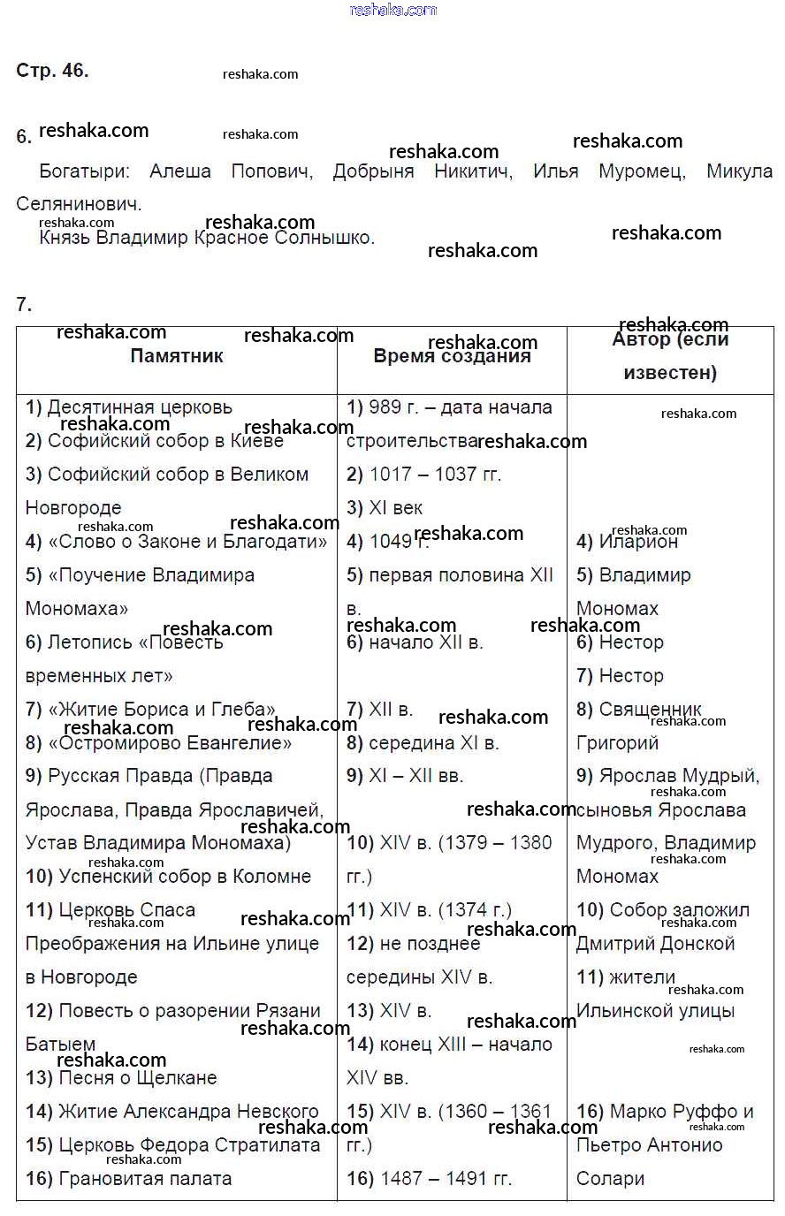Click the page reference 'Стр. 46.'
click(52, 71)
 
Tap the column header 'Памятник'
click(177, 356)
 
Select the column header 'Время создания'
click(452, 356)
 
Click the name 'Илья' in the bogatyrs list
click(555, 171)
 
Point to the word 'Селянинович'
click(79, 204)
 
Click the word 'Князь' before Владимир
click(64, 238)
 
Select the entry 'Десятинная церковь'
click(139, 407)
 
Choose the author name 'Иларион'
click(637, 542)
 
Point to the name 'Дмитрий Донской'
click(655, 944)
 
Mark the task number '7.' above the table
click(24, 305)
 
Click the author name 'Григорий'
click(617, 743)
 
